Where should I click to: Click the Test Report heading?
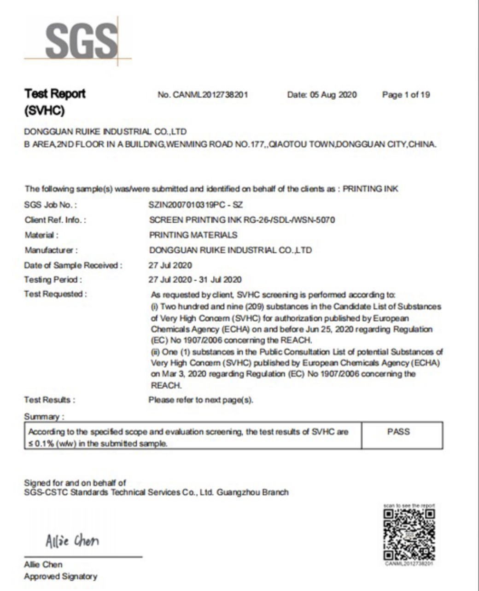point(55,94)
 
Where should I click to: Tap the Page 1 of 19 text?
point(406,95)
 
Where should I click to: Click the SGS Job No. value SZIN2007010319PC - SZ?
point(196,205)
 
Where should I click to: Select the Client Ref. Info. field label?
point(55,220)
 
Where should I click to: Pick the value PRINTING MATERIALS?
point(193,235)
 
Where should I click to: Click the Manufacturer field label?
point(51,250)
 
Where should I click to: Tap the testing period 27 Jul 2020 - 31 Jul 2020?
point(195,280)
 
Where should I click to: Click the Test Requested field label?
point(55,294)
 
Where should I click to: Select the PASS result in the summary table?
point(398,432)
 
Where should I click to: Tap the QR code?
point(409,534)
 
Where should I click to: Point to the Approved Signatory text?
point(60,577)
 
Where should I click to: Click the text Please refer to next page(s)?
point(201,400)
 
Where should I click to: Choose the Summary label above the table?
point(44,417)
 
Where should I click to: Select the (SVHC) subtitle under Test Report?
point(44,111)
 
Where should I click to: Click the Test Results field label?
point(49,400)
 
